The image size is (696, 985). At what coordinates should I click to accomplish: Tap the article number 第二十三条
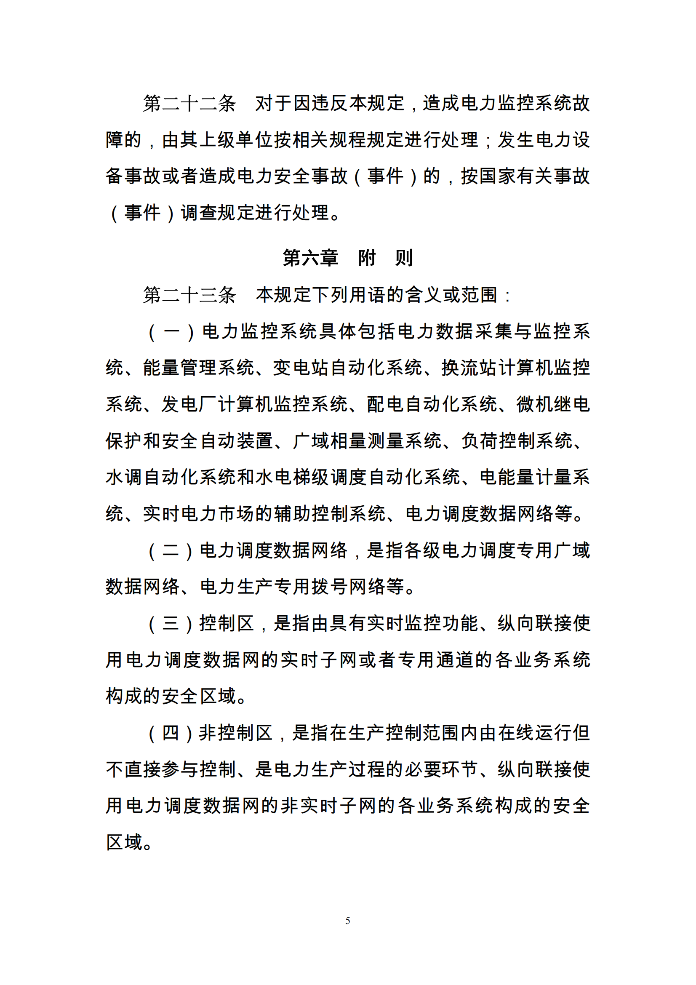coord(189,295)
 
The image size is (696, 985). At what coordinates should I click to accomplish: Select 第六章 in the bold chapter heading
coord(310,258)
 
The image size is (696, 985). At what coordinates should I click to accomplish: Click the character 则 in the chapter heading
coord(403,258)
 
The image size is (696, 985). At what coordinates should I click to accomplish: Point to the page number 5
coord(348,920)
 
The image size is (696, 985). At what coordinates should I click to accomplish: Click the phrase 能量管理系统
coord(199,368)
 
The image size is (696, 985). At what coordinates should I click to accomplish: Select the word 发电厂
coord(189,405)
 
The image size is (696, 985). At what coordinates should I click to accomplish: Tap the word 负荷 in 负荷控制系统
coord(480,441)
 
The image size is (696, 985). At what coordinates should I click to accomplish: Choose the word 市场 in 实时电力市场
coord(236,514)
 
